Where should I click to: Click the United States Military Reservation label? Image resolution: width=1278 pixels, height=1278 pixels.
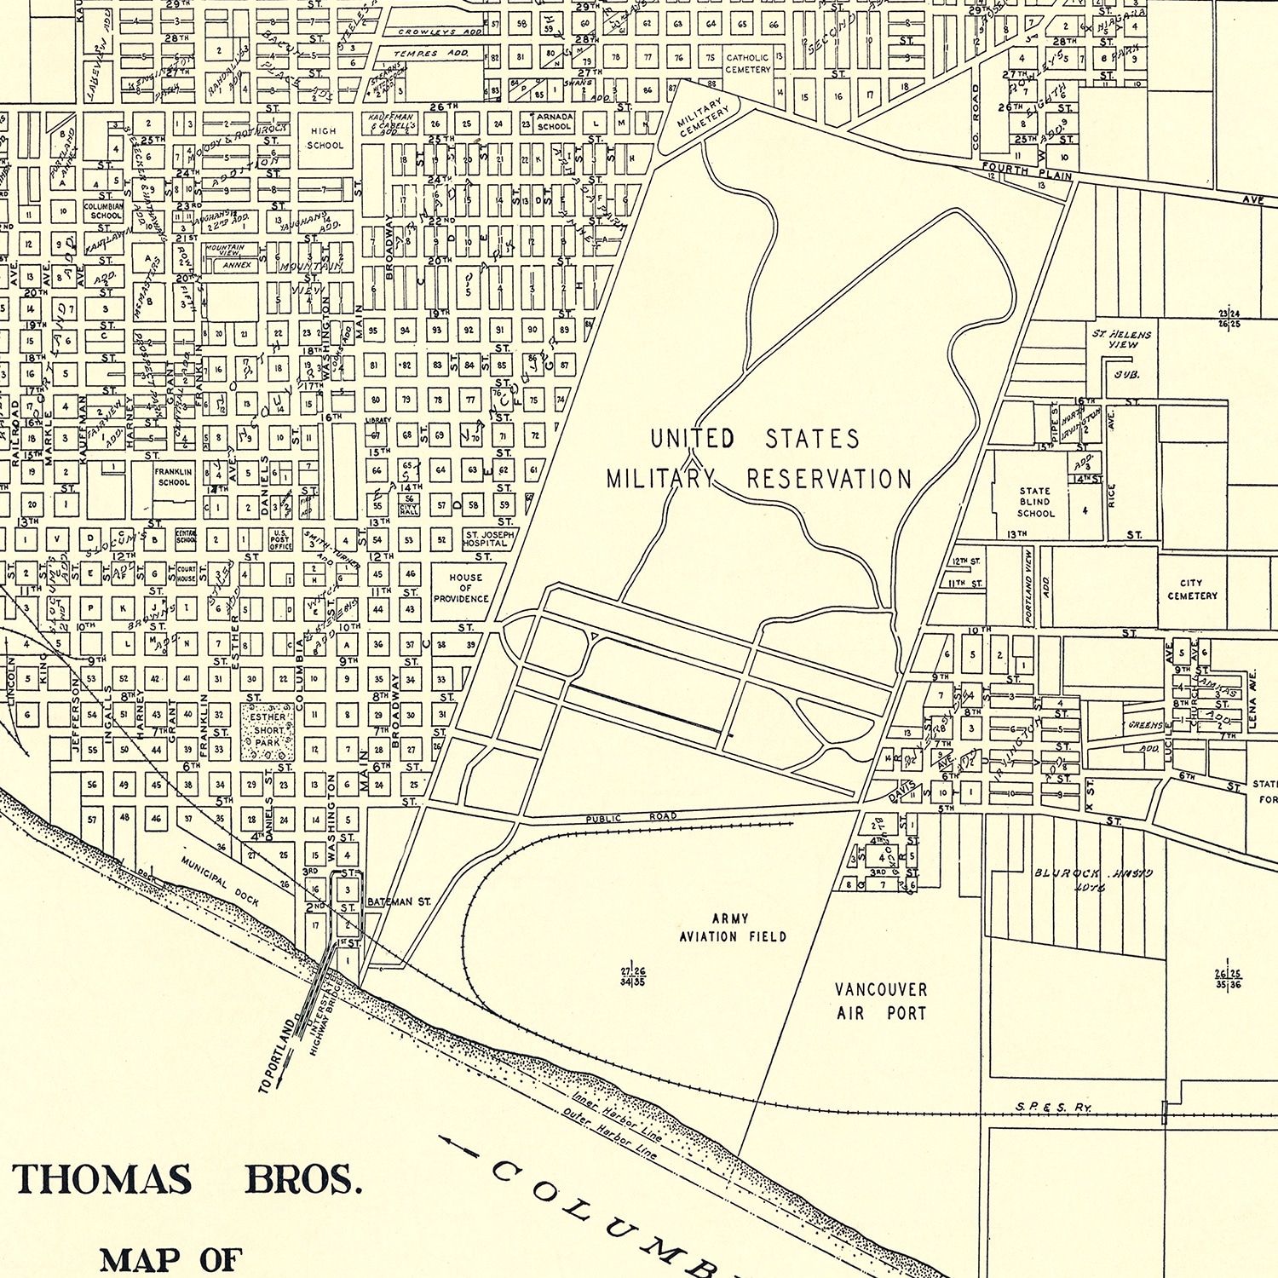pos(758,458)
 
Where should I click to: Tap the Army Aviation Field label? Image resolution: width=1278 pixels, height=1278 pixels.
pos(732,928)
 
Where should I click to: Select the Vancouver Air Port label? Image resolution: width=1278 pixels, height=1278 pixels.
pos(880,1001)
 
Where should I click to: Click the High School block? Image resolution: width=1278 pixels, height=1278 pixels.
pos(324,138)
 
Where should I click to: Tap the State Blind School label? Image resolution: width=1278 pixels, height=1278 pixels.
pos(1035,502)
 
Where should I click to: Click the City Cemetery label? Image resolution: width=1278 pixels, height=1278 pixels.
pos(1192,590)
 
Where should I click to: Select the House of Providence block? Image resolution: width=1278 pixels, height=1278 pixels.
pos(465,588)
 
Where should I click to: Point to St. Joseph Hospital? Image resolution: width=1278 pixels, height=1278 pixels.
pos(489,538)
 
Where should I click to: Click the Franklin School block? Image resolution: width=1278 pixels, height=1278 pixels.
pos(173,477)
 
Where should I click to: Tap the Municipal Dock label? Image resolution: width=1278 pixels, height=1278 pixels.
pos(220,881)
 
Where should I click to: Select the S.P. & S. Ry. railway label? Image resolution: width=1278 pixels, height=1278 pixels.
pos(1053,1107)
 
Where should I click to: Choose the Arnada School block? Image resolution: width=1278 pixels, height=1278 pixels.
pos(554,121)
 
